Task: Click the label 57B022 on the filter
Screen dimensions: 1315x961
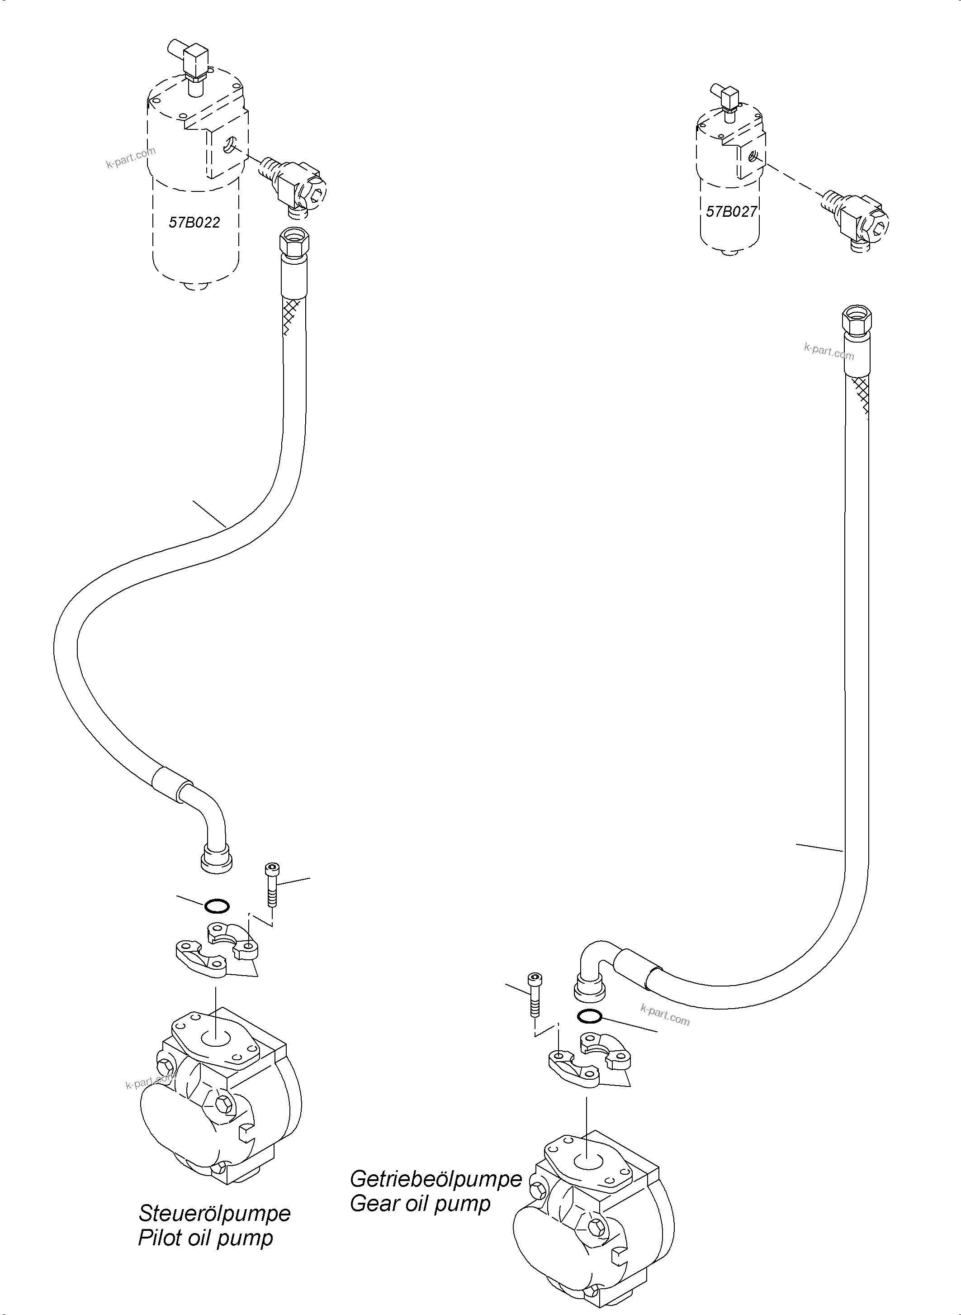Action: (x=194, y=222)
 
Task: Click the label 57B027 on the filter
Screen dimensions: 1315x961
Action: (x=731, y=212)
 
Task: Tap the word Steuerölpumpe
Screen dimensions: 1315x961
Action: (x=214, y=1213)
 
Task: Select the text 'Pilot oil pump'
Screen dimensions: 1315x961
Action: (x=205, y=1238)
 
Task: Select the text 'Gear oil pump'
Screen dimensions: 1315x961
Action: (x=420, y=1203)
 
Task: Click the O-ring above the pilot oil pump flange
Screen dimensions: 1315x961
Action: (x=217, y=906)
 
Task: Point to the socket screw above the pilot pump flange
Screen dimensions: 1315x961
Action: (x=271, y=884)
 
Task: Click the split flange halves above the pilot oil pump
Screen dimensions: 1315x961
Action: (x=217, y=952)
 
